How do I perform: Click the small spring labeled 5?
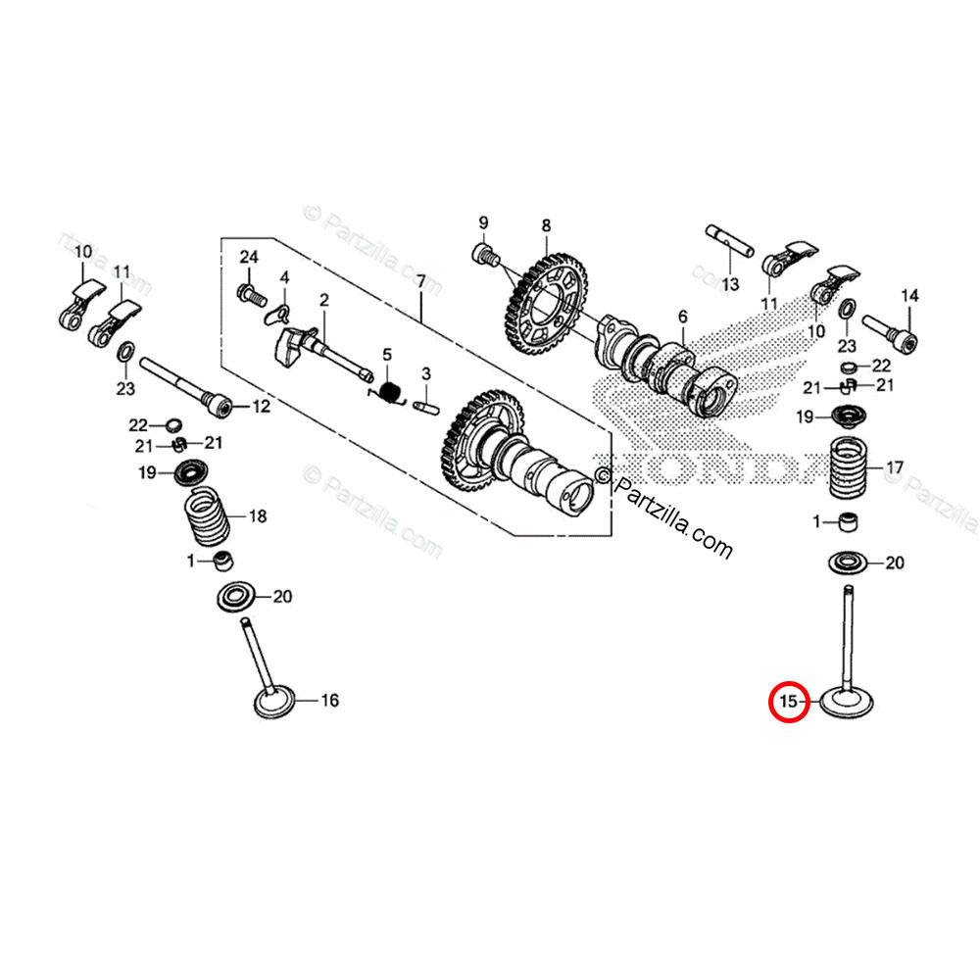pos(391,392)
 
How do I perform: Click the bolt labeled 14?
pos(892,334)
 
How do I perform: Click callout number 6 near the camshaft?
pos(682,316)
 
